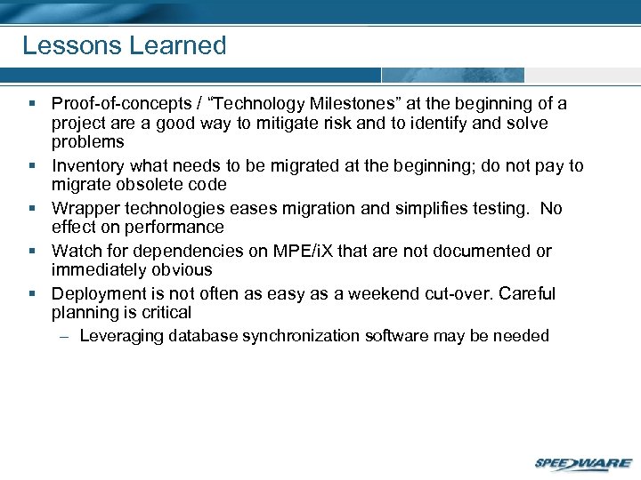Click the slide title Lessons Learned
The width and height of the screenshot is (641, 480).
pyautogui.click(x=124, y=45)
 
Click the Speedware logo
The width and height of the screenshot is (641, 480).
pyautogui.click(x=583, y=463)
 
